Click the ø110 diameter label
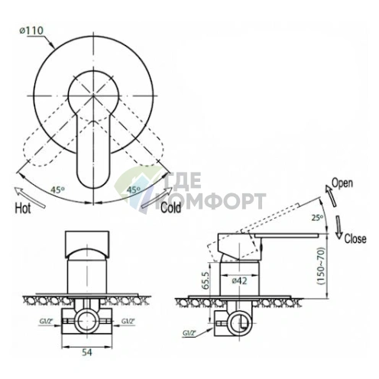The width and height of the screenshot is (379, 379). tap(31, 31)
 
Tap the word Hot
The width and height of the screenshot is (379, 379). tap(23, 209)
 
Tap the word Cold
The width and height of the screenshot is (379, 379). tap(170, 208)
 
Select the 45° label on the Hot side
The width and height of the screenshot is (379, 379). tap(57, 189)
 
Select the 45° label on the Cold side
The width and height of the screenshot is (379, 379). tap(134, 189)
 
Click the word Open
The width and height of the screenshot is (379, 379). tap(342, 183)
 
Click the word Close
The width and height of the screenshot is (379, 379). tap(355, 238)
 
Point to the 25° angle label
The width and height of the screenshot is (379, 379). tap(317, 218)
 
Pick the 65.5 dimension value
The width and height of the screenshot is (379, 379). tap(206, 280)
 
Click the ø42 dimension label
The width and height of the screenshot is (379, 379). tap(239, 281)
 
